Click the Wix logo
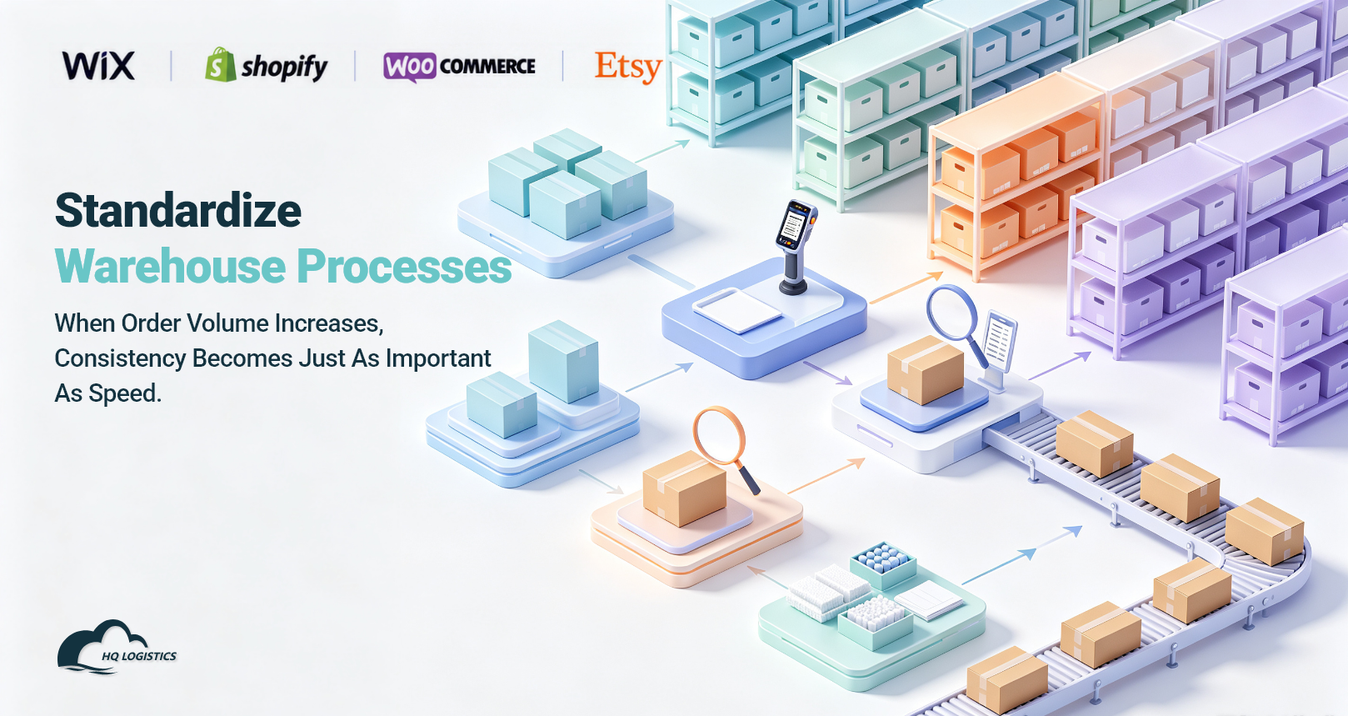(x=98, y=66)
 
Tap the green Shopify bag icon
(x=220, y=64)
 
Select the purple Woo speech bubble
(x=410, y=66)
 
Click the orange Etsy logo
(x=628, y=67)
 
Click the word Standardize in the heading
(x=178, y=210)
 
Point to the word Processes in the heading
(x=404, y=266)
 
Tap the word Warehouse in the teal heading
(x=170, y=266)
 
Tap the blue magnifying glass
(x=957, y=323)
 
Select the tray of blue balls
(x=883, y=564)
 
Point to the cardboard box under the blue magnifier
(x=925, y=369)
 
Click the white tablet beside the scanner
(x=737, y=309)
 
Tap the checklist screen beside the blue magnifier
(x=999, y=341)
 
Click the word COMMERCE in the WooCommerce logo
(x=487, y=66)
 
